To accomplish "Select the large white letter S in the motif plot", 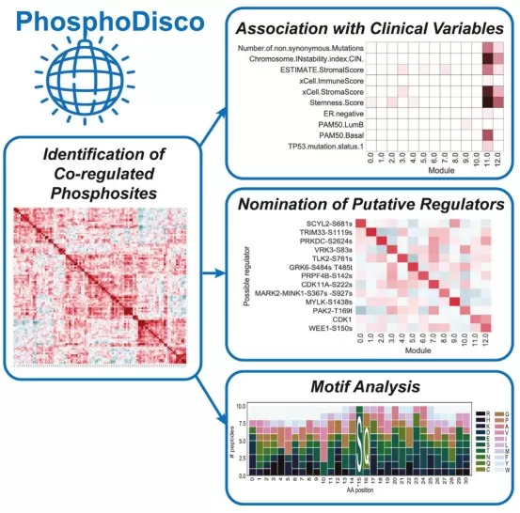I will pyautogui.click(x=362, y=442).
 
